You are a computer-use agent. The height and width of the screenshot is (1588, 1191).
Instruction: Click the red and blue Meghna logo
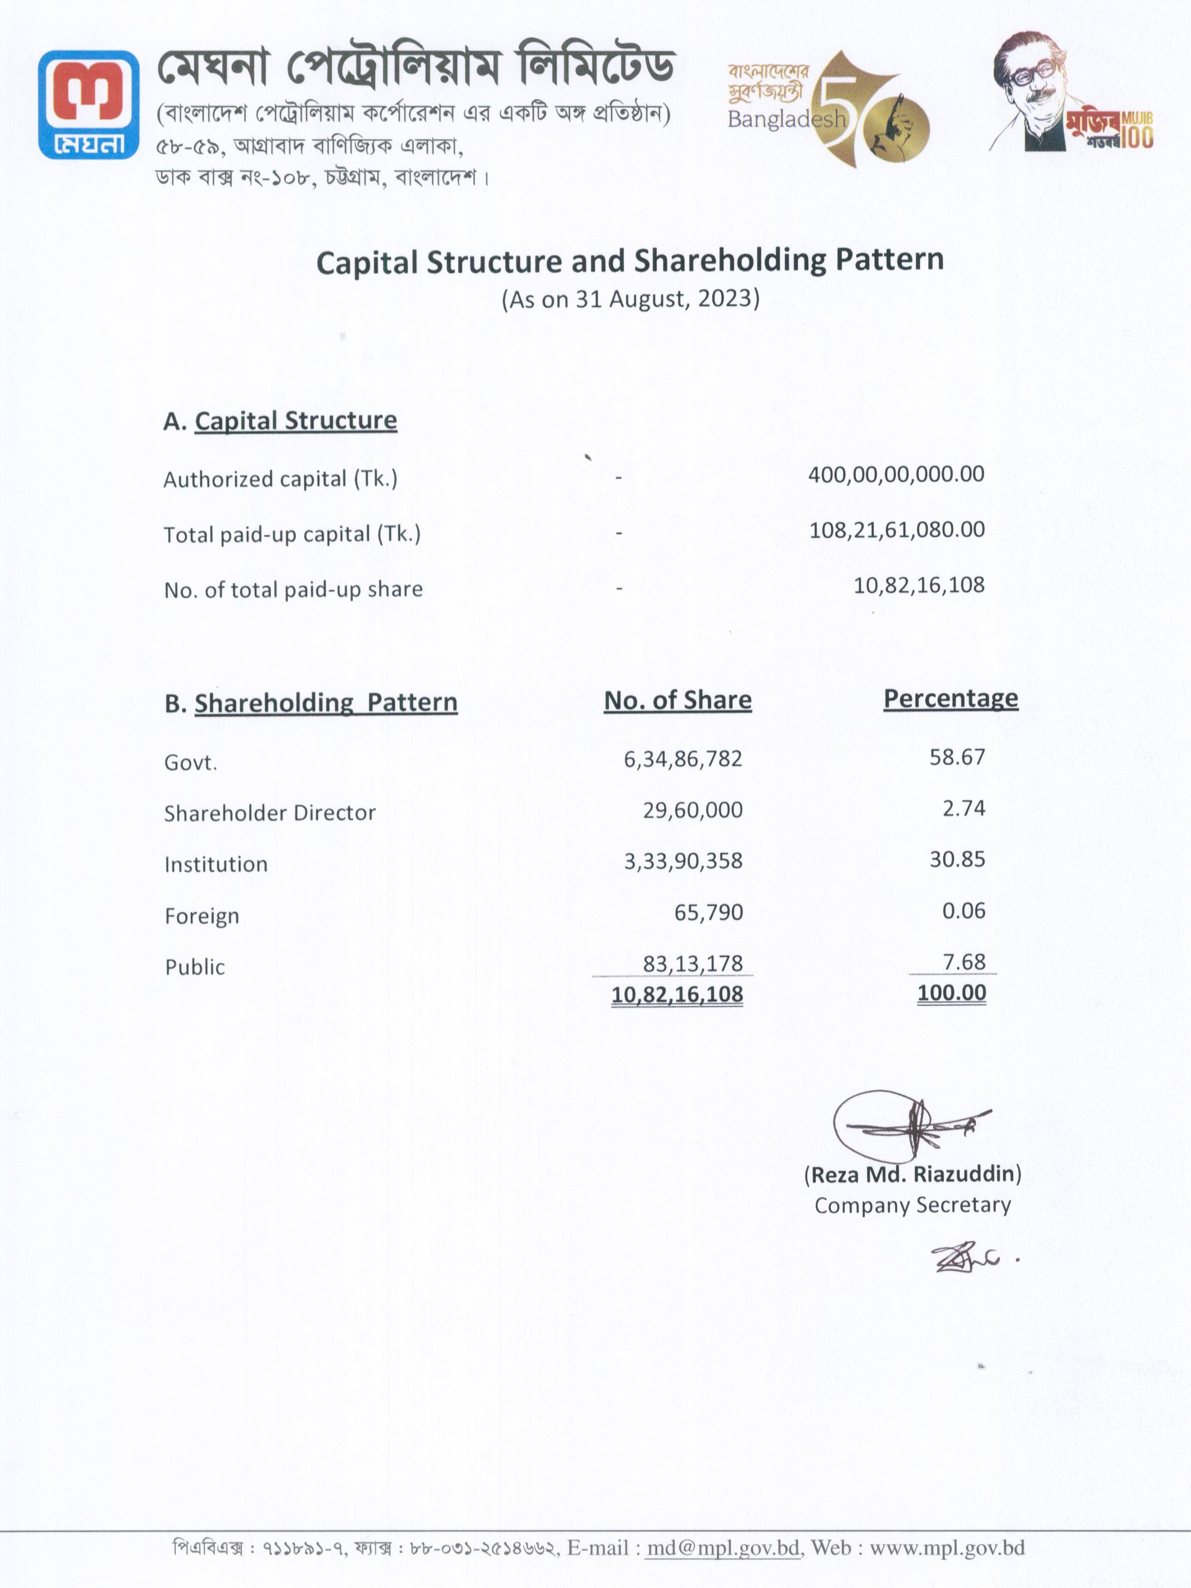88,104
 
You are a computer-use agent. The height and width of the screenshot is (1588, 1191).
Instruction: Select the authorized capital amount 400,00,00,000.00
896,475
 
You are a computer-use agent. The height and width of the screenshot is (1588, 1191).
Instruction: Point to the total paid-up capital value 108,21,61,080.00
897,530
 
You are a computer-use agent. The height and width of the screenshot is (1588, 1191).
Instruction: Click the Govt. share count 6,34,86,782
683,759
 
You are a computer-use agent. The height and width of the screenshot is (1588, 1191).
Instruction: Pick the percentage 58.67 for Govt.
957,757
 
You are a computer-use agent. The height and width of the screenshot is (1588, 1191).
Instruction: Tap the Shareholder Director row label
270,813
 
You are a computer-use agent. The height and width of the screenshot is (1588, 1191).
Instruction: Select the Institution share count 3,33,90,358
683,861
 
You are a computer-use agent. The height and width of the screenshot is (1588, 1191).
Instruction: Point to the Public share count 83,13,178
693,963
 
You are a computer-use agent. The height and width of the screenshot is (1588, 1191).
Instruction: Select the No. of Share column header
678,701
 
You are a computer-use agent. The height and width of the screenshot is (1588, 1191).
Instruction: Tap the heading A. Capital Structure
280,421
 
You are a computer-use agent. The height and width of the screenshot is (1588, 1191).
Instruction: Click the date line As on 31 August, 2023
631,298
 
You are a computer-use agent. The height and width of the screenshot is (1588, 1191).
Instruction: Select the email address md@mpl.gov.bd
723,1548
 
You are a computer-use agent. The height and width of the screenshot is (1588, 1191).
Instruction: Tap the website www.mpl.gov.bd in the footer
947,1548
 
